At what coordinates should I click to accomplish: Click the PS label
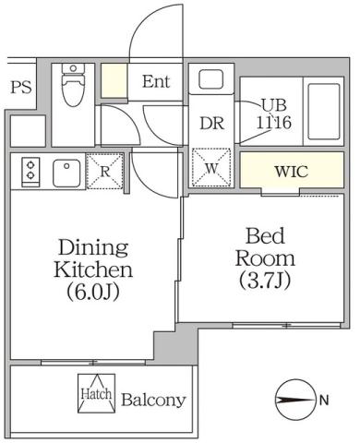[21, 88]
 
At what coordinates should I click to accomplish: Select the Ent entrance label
[156, 81]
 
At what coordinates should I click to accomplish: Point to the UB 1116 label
[273, 113]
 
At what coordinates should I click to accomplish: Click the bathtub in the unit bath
[321, 111]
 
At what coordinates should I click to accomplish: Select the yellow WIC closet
[291, 172]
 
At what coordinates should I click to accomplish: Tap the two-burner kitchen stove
[30, 172]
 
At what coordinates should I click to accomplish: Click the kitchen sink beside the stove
[66, 172]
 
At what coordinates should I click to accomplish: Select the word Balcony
[154, 401]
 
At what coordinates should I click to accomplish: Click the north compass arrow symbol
[294, 401]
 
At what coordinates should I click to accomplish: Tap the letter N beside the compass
[323, 401]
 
